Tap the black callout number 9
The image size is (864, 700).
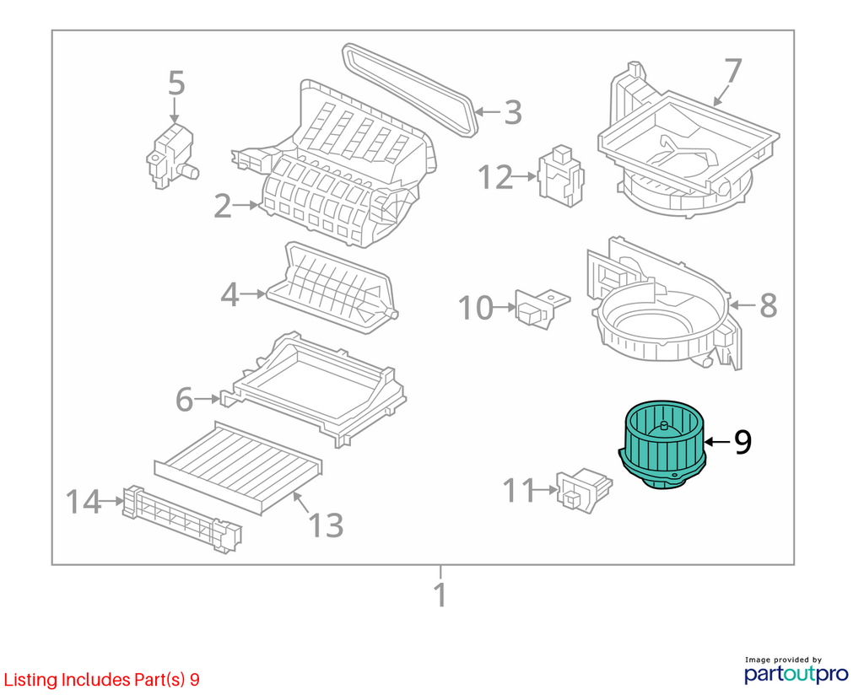(x=742, y=441)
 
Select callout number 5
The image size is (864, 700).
(x=176, y=83)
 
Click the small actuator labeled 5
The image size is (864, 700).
(x=171, y=157)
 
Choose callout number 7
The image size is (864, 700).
(x=733, y=71)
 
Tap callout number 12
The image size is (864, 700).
(x=494, y=177)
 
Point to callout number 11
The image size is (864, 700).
(x=519, y=490)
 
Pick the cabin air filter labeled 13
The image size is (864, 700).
(x=238, y=467)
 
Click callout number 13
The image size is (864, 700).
(x=327, y=525)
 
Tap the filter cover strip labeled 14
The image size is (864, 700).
(x=182, y=520)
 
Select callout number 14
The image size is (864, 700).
(x=84, y=502)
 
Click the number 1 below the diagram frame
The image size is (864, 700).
(x=440, y=595)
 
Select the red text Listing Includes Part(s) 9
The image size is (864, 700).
(x=102, y=680)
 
